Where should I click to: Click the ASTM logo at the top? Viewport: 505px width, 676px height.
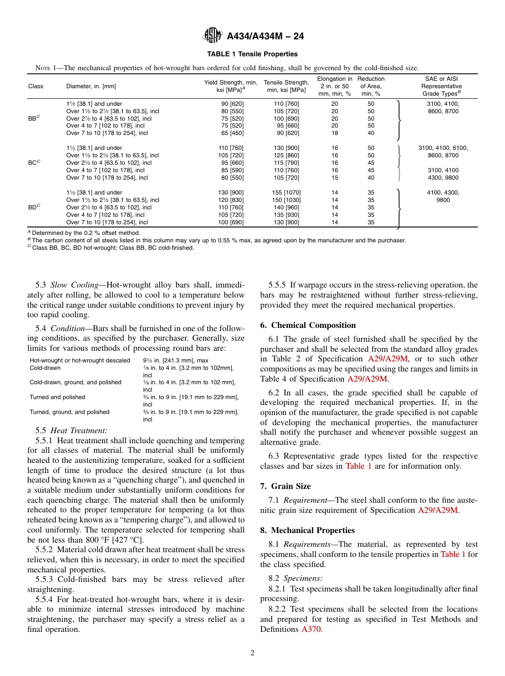coord(213,36)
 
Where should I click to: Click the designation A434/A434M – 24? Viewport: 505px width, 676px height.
coord(265,36)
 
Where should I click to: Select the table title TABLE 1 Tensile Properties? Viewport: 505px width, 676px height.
coord(252,54)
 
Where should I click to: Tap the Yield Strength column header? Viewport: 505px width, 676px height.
coord(231,86)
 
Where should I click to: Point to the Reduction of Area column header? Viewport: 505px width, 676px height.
coord(371,86)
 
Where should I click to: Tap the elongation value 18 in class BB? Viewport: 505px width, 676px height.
coord(334,133)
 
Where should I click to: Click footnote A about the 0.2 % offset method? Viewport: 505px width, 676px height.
coord(85,233)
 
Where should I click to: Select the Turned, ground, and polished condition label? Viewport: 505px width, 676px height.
coord(69,412)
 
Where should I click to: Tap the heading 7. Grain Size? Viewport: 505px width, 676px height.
coord(285,486)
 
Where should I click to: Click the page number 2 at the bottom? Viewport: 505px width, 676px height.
coord(252,653)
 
